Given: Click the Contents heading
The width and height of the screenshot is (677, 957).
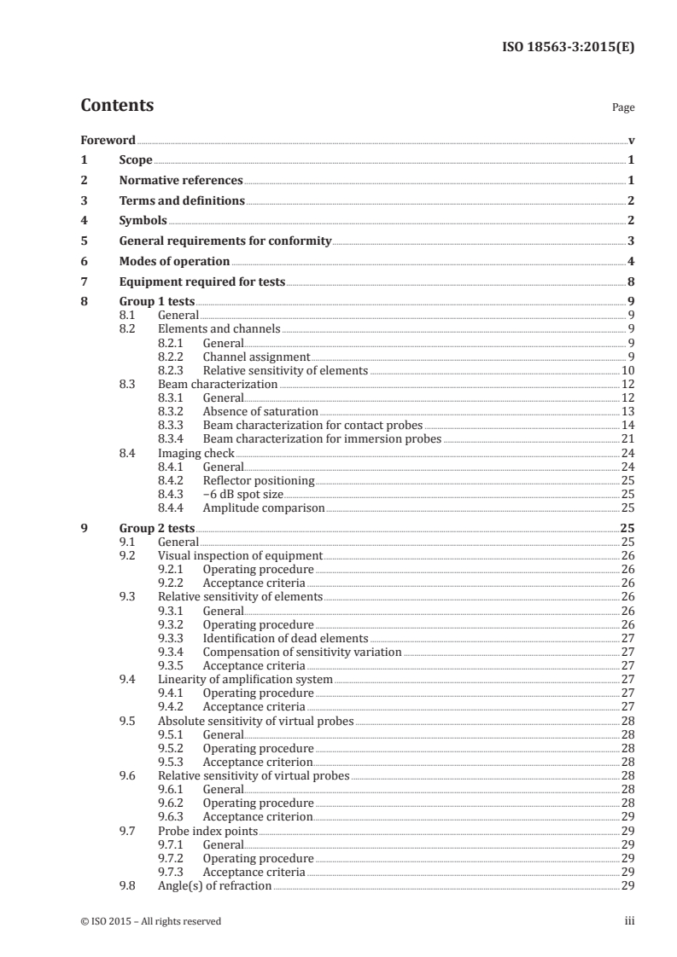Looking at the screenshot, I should tap(117, 107).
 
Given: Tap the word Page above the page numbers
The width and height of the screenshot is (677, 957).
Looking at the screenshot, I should tap(623, 108).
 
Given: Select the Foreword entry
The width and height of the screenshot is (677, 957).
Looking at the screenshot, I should tap(108, 140).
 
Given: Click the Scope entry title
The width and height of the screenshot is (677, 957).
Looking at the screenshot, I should tap(136, 160).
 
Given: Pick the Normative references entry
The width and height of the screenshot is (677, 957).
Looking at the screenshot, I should tap(181, 181).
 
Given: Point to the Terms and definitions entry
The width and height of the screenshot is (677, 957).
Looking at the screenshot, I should tap(182, 201).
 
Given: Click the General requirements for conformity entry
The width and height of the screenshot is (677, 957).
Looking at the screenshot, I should tap(225, 241).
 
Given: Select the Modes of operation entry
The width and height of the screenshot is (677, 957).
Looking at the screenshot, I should tap(174, 262).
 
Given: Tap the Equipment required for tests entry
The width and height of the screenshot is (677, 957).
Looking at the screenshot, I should tap(201, 282).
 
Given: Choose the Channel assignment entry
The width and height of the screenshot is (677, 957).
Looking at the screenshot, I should tap(256, 357).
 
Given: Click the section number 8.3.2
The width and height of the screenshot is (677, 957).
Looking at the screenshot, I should tap(174, 412).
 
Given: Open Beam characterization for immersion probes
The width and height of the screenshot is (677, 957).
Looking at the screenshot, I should tap(322, 439).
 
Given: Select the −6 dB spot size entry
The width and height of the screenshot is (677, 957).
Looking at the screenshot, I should tap(242, 495).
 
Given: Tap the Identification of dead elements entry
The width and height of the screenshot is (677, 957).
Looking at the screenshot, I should tap(285, 637).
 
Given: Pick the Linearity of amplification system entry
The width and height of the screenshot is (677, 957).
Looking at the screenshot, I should tap(245, 679).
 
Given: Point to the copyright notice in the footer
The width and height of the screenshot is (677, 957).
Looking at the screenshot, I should tap(150, 921).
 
